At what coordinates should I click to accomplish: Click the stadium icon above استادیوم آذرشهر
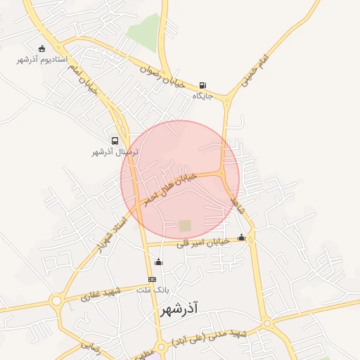[x=42, y=49]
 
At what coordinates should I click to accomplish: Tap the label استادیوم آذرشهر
[x=42, y=60]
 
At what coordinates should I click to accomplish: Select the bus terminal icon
[x=115, y=141]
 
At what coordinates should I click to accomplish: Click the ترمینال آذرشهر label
[x=115, y=152]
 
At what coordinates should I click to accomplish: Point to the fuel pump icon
[x=203, y=84]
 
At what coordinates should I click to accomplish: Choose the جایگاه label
[x=202, y=95]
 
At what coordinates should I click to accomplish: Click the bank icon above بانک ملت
[x=152, y=279]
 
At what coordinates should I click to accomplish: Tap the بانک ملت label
[x=153, y=290]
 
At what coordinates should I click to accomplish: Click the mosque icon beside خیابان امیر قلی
[x=242, y=238]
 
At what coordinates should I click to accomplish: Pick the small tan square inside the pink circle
[x=185, y=226]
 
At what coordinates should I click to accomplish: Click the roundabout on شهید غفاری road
[x=56, y=302]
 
